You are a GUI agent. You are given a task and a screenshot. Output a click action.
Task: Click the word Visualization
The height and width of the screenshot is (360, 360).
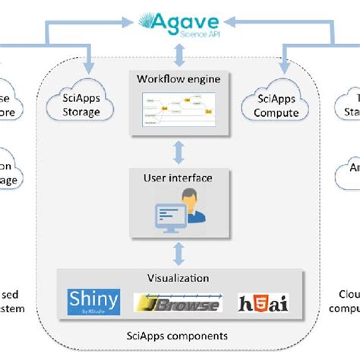tap(179, 279)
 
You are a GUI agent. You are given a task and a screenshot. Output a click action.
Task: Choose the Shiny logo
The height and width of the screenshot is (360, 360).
tap(93, 301)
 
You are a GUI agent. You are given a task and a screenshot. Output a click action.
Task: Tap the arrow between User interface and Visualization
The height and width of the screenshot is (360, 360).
tap(179, 252)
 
